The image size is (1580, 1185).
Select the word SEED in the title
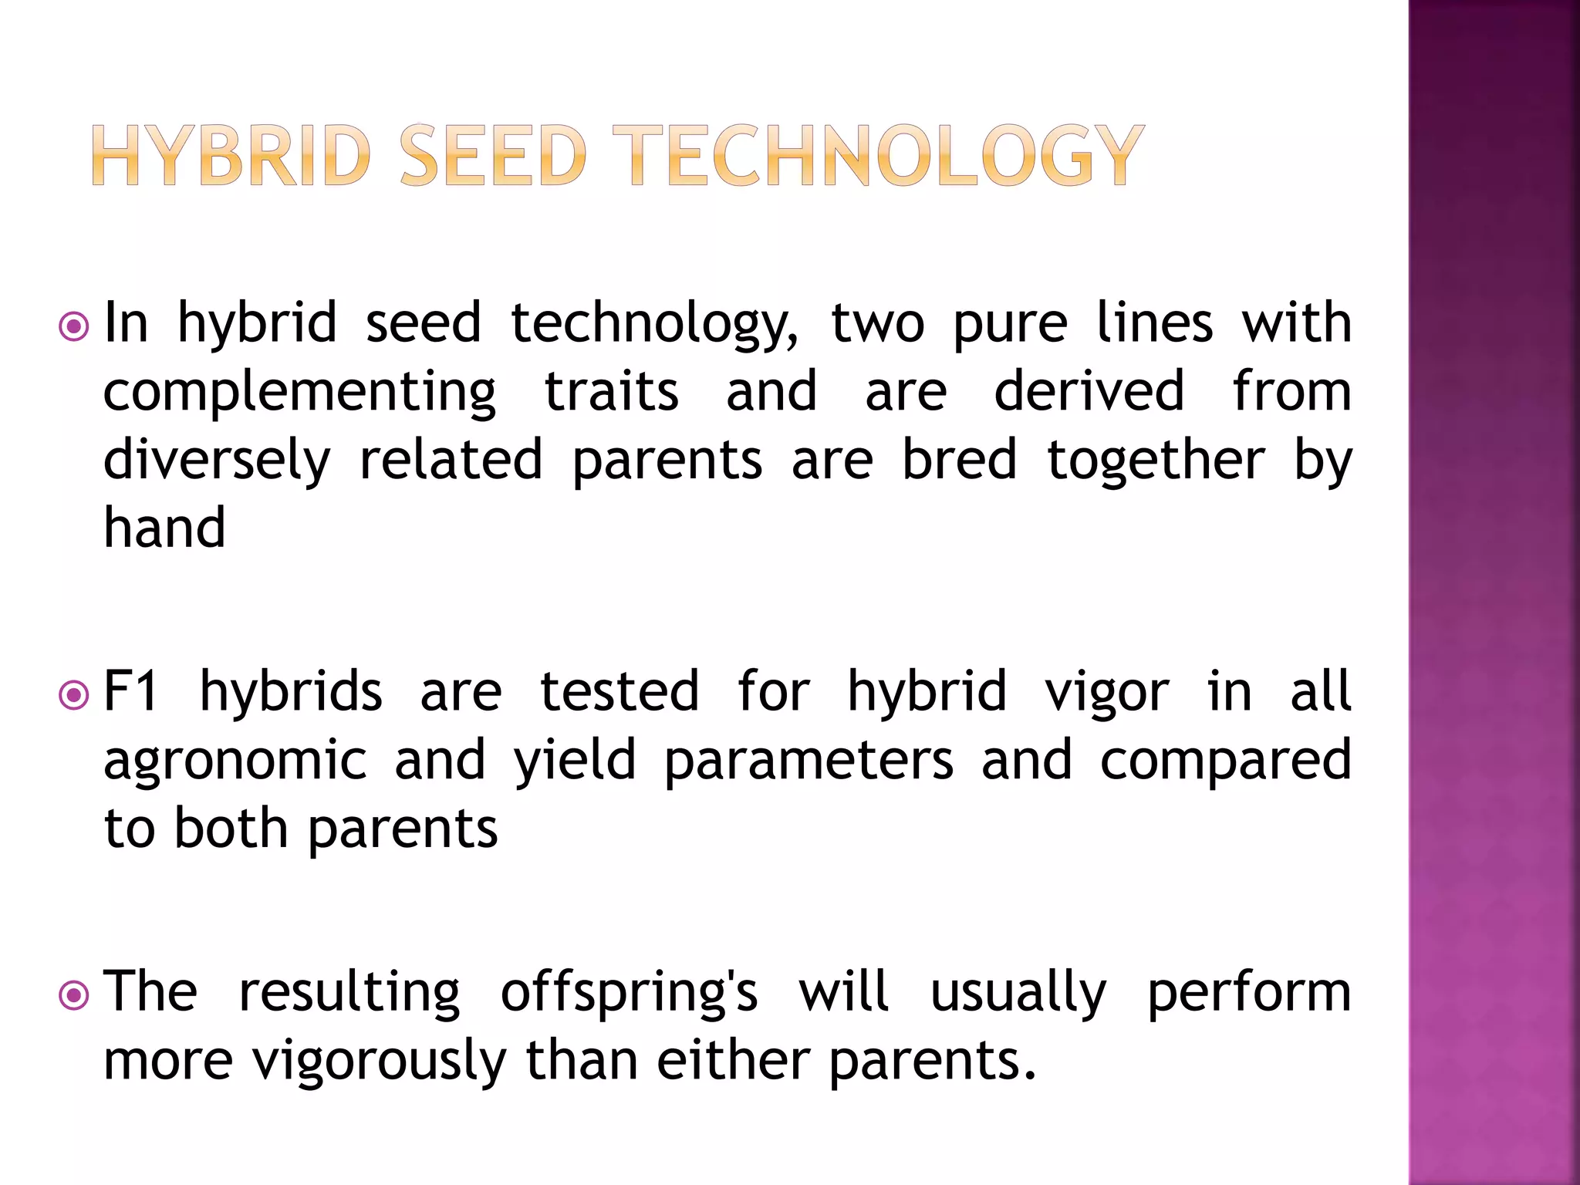[494, 157]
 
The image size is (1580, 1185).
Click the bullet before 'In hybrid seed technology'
[74, 327]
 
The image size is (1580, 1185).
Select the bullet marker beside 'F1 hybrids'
[74, 696]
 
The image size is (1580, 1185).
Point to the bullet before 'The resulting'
[74, 996]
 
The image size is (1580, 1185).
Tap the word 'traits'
[611, 391]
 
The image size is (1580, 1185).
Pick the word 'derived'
[1089, 391]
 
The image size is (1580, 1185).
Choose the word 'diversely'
[217, 461]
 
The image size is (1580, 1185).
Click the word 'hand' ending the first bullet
[164, 528]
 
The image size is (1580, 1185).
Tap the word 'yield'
[576, 761]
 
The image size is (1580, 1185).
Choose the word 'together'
[1156, 461]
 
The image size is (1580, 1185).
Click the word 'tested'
[620, 691]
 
